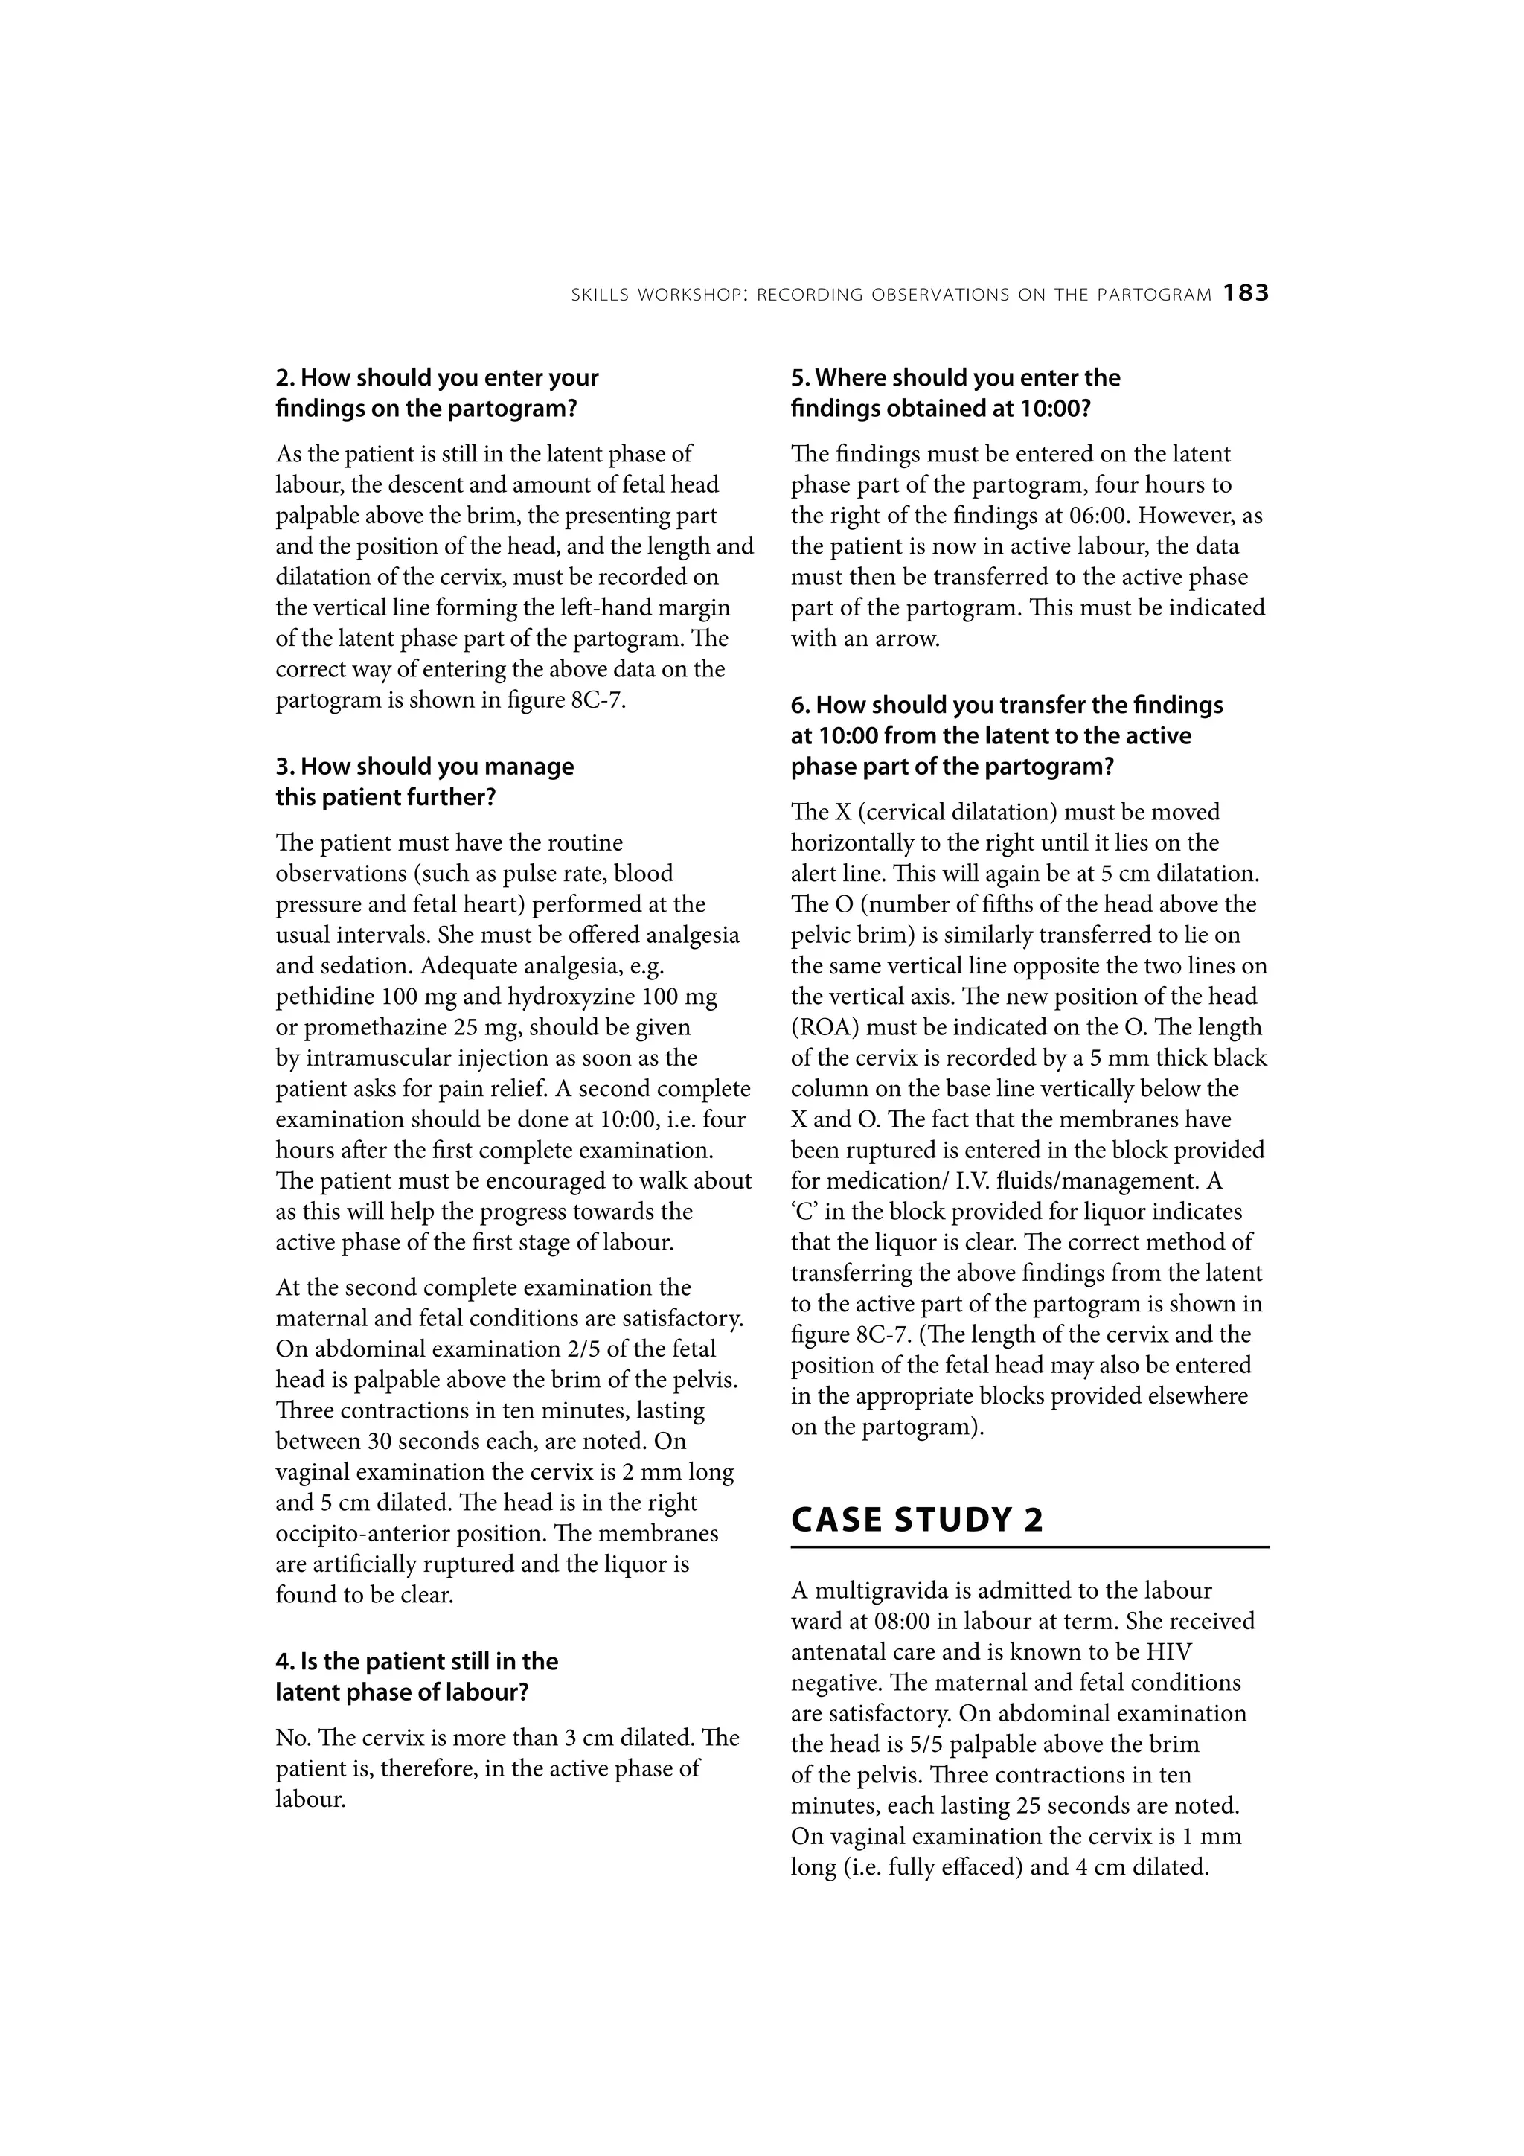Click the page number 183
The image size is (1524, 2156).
tap(1245, 294)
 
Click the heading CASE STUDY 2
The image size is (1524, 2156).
tap(917, 1518)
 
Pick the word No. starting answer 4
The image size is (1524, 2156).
tap(290, 1738)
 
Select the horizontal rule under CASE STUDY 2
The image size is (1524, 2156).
tap(1029, 1546)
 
